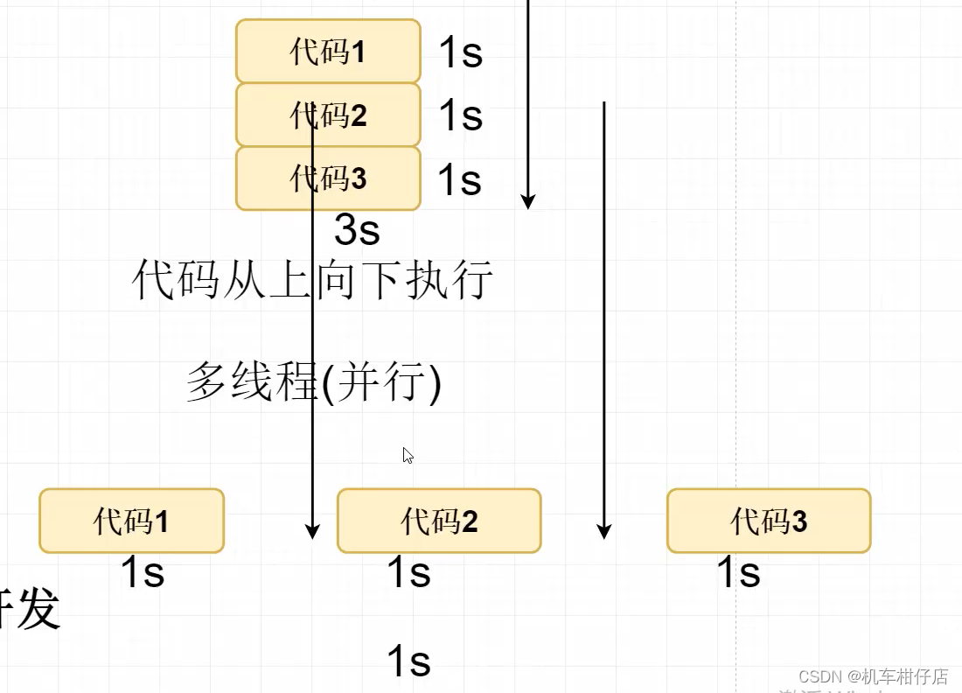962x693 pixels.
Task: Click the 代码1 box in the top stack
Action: point(328,52)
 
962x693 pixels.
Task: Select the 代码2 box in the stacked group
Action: point(328,115)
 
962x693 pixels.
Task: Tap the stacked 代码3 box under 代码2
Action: point(328,178)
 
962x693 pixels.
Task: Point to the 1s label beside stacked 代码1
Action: point(460,52)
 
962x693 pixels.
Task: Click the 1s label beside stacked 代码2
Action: point(460,115)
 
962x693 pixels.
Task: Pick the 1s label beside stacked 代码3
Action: point(459,180)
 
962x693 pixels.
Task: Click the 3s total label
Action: point(357,230)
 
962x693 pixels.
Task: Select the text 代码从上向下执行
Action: point(312,281)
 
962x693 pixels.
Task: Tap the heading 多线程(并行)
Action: point(314,383)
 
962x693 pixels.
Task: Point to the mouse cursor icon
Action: point(408,455)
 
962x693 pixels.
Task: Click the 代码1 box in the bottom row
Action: point(131,521)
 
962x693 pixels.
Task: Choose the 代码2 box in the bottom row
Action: point(439,521)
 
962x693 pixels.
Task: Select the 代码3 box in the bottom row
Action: point(769,521)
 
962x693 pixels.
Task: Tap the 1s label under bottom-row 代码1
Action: point(142,573)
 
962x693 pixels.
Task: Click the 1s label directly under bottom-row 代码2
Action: point(408,573)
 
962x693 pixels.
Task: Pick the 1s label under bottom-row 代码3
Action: point(738,573)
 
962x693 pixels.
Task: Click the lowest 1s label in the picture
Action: point(408,662)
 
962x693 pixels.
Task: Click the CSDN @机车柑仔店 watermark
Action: point(873,676)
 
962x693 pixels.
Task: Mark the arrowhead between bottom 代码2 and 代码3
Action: point(603,530)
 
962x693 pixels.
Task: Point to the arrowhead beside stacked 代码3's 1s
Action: point(527,201)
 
